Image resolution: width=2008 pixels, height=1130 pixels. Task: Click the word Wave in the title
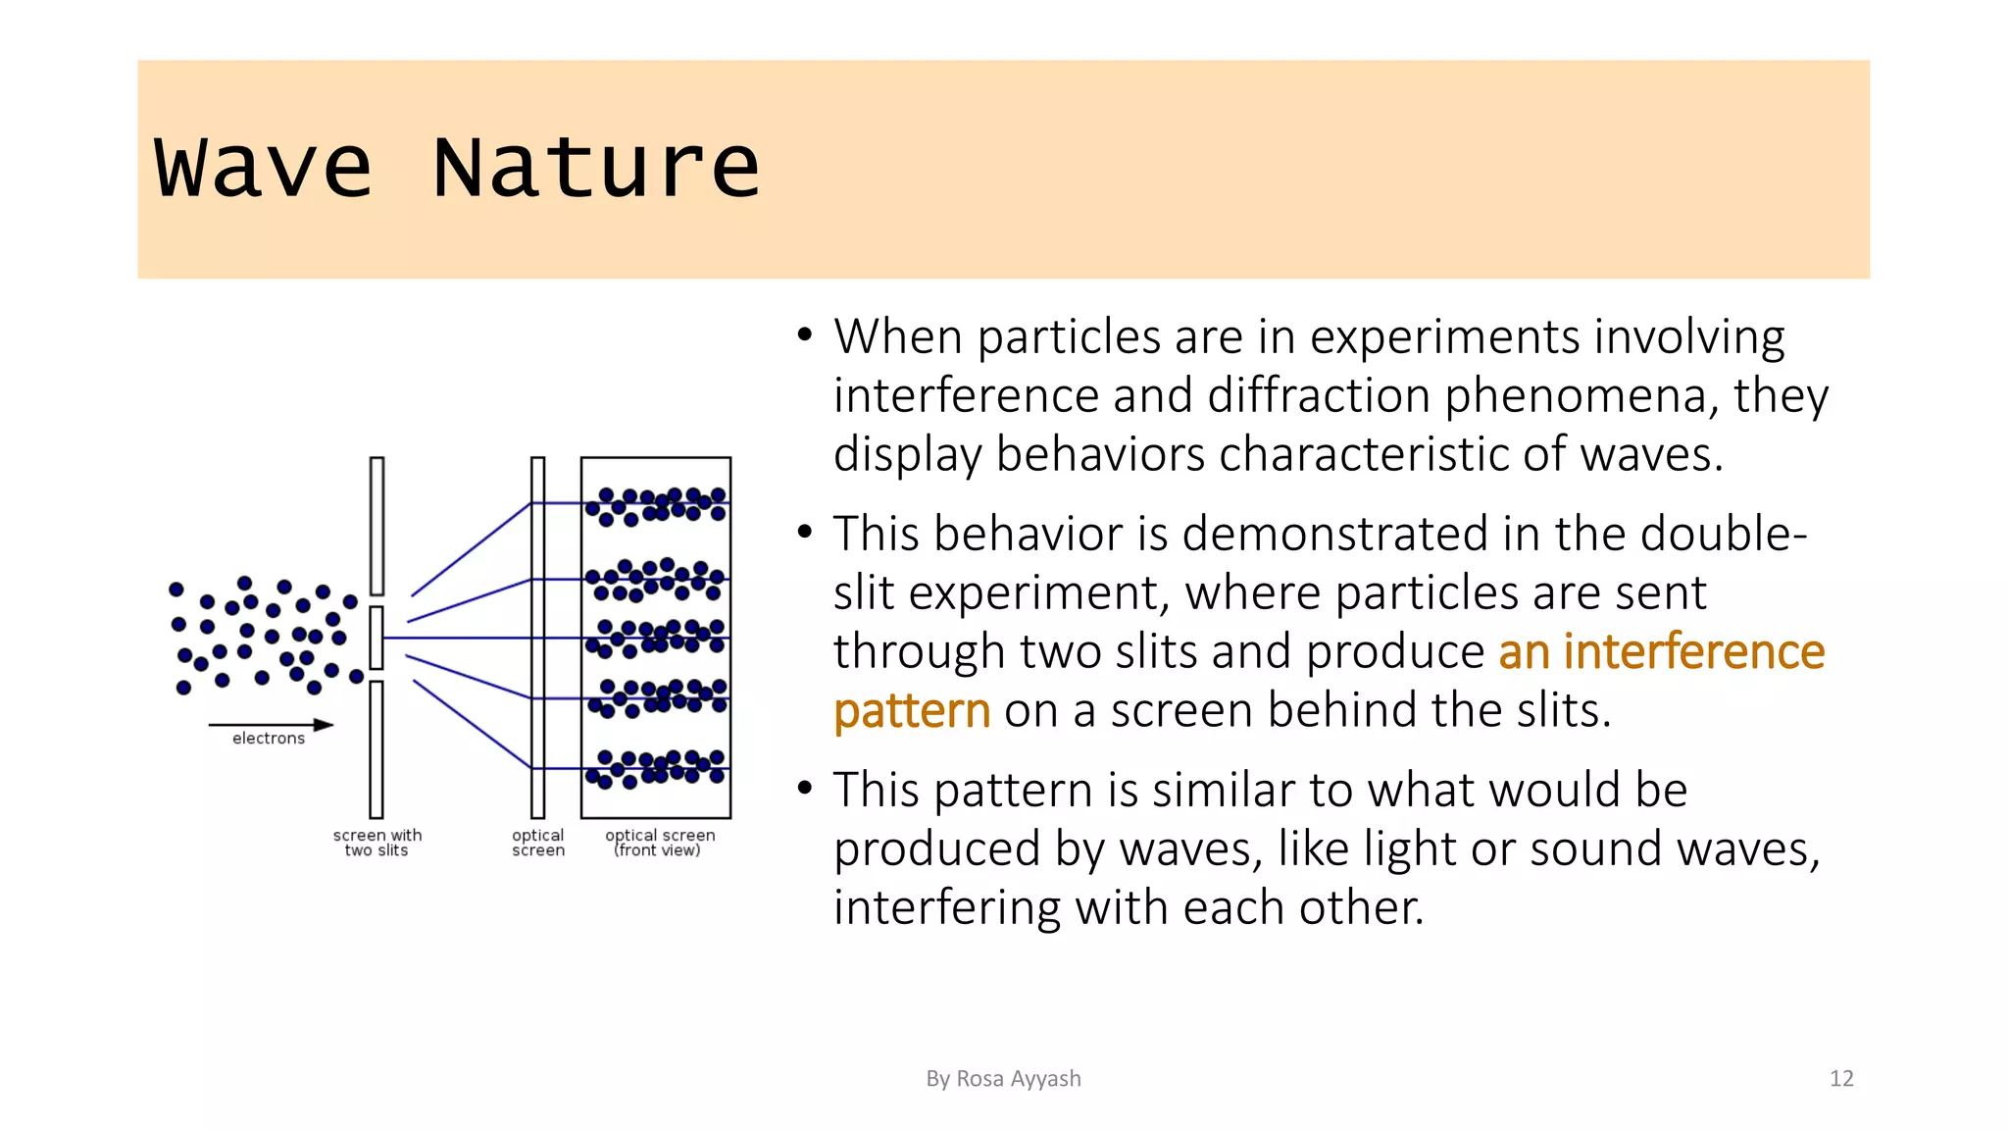click(263, 168)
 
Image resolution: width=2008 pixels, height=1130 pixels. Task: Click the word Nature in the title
click(595, 168)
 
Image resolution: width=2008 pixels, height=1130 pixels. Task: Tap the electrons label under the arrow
click(269, 739)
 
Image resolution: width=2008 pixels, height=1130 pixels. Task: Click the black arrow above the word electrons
click(271, 725)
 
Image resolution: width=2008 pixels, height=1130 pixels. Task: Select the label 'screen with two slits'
click(377, 843)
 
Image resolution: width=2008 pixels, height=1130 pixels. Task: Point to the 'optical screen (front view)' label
click(660, 843)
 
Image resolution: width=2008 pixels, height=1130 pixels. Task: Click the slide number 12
click(1841, 1079)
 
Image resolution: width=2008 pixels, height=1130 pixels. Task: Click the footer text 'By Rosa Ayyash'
click(1003, 1079)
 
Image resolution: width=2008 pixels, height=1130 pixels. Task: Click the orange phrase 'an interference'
click(1661, 652)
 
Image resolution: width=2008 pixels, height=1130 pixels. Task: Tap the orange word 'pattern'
click(912, 711)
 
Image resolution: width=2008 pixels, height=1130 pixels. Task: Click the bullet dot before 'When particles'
click(805, 335)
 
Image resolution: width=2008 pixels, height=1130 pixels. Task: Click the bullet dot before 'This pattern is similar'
click(805, 789)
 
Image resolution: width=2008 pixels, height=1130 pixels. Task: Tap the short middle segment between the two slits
click(376, 638)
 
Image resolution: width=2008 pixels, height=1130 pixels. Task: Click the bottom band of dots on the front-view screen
click(656, 768)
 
